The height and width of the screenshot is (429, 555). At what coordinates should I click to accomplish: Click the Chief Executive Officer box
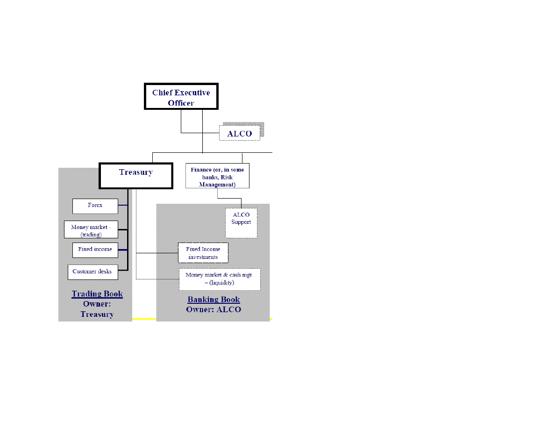[181, 97]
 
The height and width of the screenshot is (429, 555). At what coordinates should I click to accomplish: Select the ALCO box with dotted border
[239, 133]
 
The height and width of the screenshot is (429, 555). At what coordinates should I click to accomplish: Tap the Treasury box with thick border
[136, 175]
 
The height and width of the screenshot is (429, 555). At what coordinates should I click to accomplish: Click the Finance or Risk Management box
[217, 176]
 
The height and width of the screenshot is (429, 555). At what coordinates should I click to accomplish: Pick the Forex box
[95, 206]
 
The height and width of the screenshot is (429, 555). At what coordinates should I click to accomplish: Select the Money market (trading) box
[91, 230]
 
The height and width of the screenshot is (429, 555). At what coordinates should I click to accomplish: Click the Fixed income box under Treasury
[95, 250]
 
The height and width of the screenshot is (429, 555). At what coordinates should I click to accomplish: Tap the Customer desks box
[92, 272]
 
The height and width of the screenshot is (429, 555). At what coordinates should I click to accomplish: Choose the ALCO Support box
[241, 222]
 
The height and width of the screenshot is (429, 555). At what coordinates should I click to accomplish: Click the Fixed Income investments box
[203, 253]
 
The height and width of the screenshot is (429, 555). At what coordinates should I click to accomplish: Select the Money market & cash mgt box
[219, 279]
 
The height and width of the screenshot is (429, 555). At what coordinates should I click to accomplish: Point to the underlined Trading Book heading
[97, 294]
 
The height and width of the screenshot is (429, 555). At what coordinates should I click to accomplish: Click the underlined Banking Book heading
[213, 300]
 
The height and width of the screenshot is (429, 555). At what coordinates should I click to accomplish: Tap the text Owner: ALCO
[213, 309]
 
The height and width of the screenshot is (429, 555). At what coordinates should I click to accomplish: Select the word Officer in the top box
[181, 103]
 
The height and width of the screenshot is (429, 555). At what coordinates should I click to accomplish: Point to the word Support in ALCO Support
[241, 222]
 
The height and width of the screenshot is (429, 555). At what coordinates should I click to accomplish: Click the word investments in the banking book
[203, 257]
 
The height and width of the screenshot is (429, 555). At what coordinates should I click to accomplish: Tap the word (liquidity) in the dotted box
[221, 283]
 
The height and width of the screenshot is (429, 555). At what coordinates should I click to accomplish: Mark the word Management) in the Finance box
[217, 184]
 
